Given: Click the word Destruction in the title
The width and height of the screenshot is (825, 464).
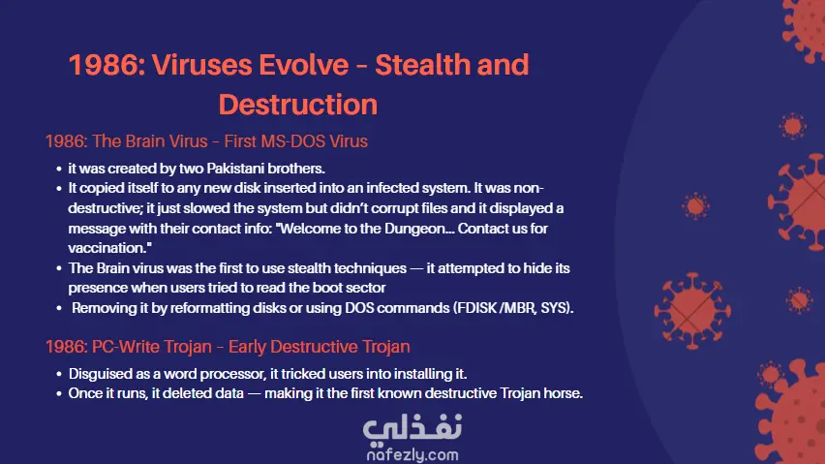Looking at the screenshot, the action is (x=298, y=105).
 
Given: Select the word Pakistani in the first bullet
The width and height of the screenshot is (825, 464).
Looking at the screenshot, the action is (x=235, y=169).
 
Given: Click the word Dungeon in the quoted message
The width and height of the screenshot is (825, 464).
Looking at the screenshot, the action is (x=415, y=229).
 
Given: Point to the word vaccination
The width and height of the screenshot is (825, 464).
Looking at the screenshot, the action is (x=107, y=248).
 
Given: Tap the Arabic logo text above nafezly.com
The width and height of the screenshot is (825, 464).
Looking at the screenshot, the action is (x=412, y=427).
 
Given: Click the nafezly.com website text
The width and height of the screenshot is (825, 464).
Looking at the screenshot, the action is (x=412, y=454).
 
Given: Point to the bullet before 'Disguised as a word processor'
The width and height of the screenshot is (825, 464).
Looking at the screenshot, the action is (x=59, y=375).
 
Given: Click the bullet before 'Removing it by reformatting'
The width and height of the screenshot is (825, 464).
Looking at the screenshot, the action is (x=59, y=308).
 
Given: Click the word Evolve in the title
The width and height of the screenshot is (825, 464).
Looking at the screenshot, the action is (x=303, y=65).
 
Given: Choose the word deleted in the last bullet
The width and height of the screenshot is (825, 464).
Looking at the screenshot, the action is (x=183, y=393).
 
